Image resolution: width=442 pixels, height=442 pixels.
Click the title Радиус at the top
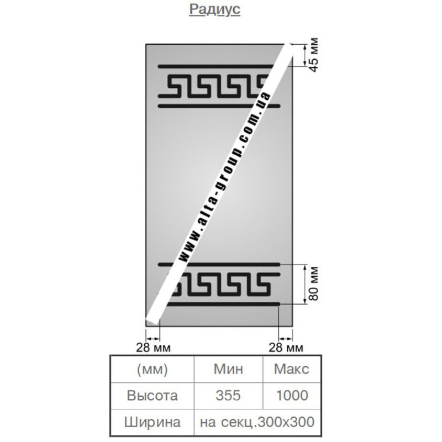tap(214, 9)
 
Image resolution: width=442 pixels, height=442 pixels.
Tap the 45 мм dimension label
tap(314, 55)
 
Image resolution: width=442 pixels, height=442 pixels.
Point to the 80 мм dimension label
tap(314, 284)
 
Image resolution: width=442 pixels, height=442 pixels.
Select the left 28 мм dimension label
tap(154, 348)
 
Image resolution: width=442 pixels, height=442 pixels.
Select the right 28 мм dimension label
tap(286, 348)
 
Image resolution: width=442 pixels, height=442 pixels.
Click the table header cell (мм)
tap(152, 369)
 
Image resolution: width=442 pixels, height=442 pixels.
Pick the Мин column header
tap(228, 369)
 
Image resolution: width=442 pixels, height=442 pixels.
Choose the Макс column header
tap(292, 369)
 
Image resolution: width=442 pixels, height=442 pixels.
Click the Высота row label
tap(152, 396)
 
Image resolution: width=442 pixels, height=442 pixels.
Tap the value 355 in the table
tap(228, 396)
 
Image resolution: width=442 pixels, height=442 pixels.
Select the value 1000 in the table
tap(292, 396)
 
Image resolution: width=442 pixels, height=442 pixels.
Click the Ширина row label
tap(152, 422)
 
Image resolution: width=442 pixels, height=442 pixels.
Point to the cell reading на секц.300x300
tap(257, 422)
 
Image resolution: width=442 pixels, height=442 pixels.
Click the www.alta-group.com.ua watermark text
tap(225, 177)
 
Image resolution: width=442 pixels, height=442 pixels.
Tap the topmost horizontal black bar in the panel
tap(215, 67)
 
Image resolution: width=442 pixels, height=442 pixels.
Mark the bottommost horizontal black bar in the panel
tap(223, 304)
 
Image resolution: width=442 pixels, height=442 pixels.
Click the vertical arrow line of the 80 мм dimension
tap(304, 285)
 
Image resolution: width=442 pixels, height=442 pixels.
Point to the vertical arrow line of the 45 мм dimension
tap(304, 55)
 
